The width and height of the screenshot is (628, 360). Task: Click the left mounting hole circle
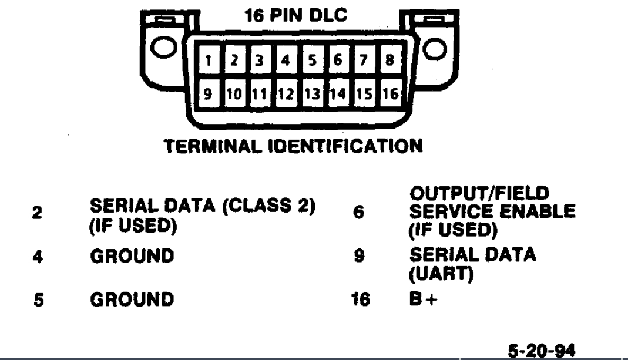coord(166,47)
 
